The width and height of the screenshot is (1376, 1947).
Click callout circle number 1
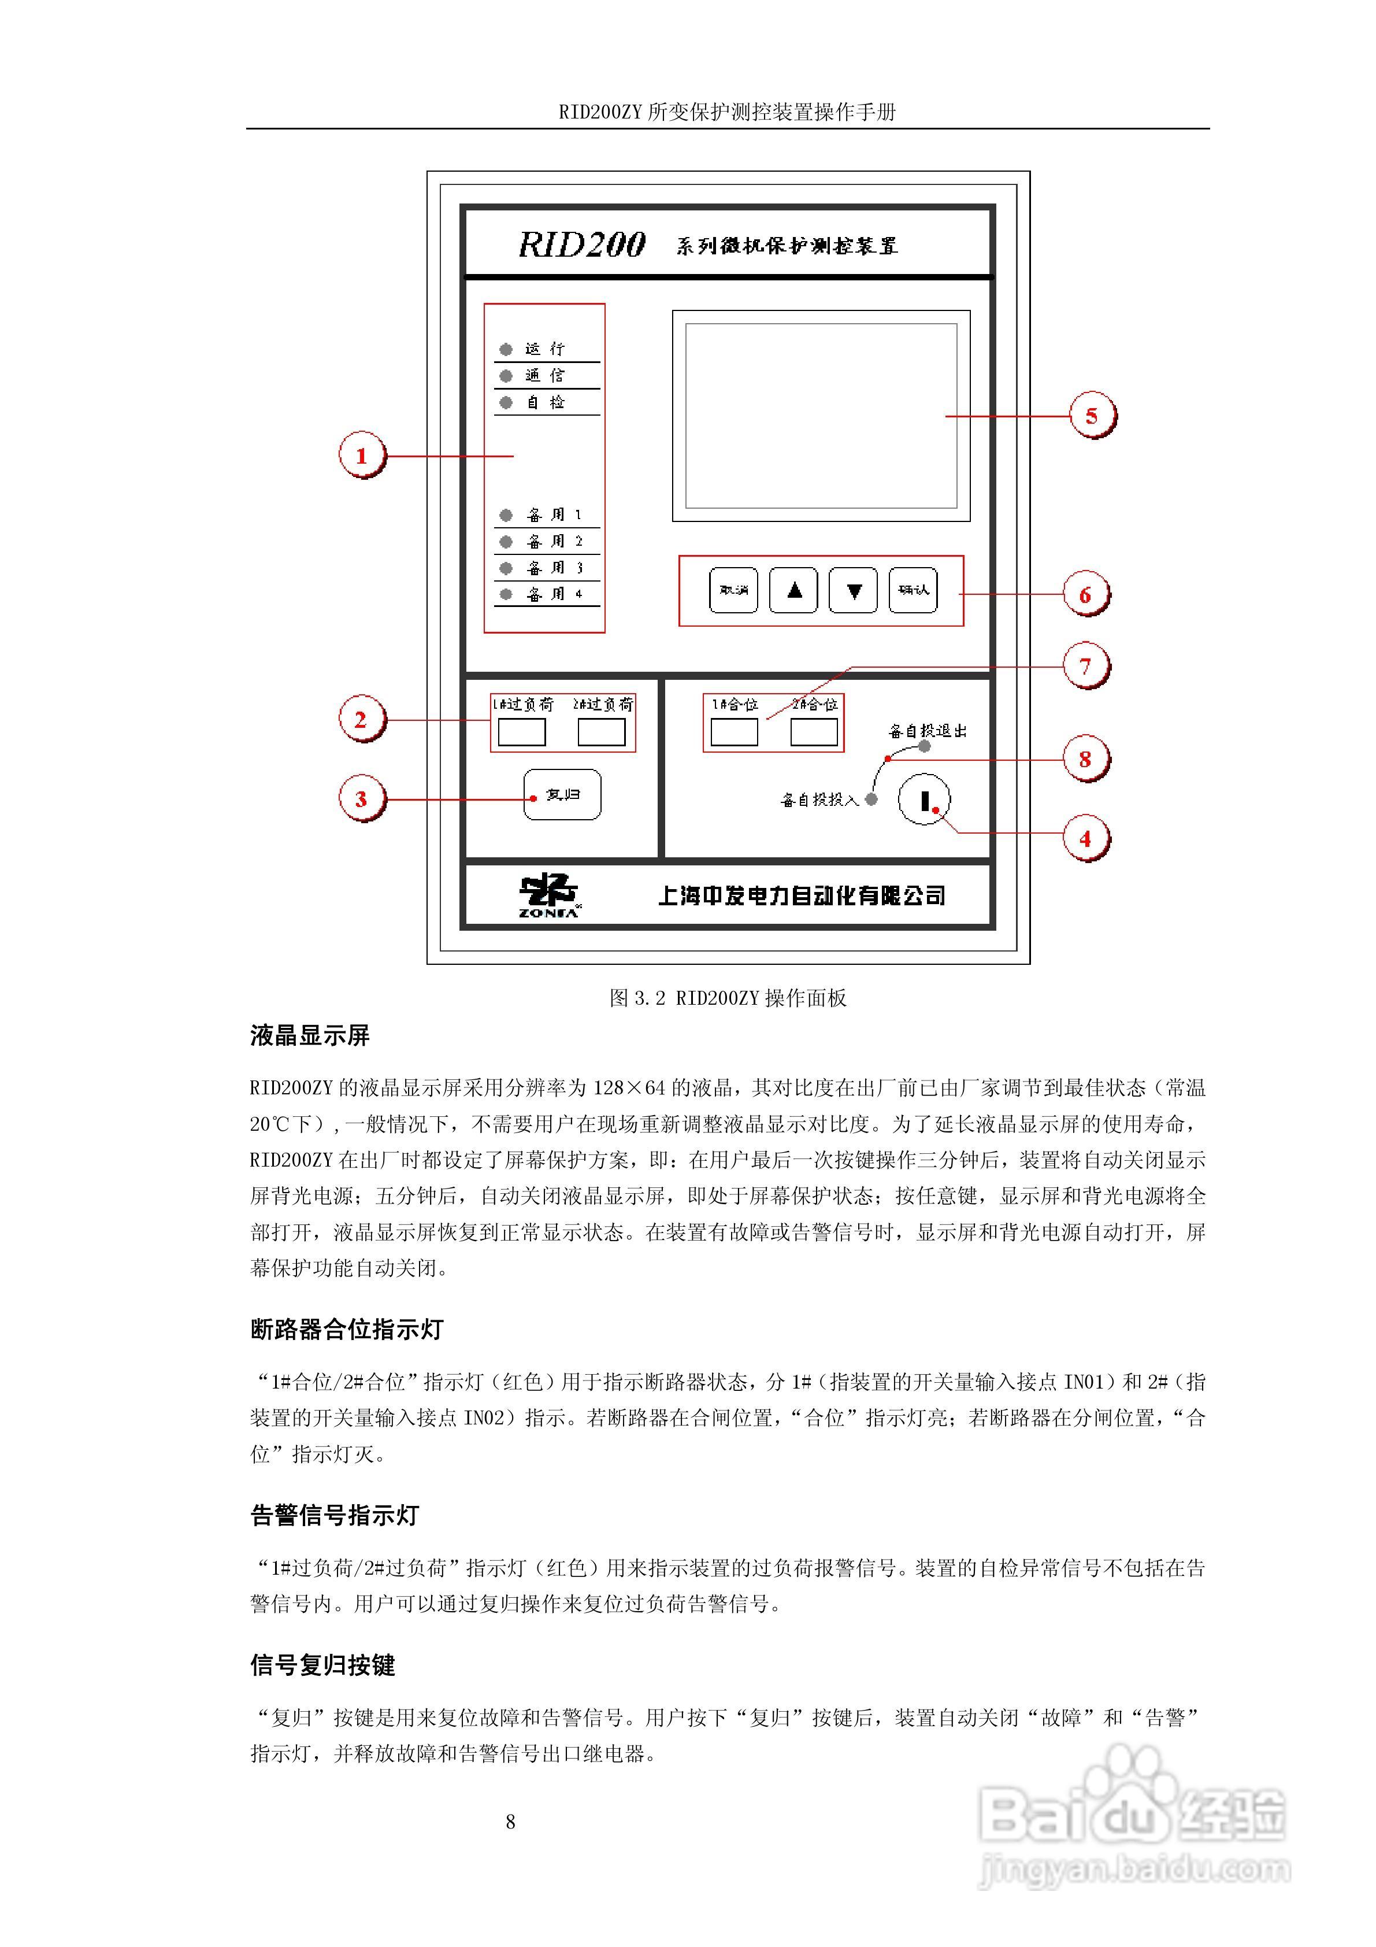click(361, 456)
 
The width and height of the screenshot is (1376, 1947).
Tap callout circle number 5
click(1091, 416)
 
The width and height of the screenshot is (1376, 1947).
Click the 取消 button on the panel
click(733, 590)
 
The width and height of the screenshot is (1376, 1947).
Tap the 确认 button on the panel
click(913, 590)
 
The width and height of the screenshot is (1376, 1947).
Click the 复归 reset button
click(562, 794)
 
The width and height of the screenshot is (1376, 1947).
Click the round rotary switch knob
click(924, 799)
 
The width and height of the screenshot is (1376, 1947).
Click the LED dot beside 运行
click(506, 349)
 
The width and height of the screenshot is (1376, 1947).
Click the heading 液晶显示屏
click(309, 1035)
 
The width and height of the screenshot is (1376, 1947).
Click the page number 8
click(510, 1822)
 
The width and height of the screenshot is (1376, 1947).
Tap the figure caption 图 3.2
click(728, 998)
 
